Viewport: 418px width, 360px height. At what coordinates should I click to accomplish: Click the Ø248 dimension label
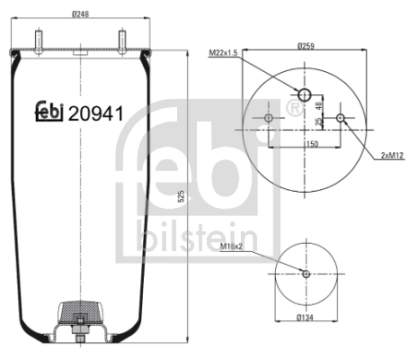point(81,13)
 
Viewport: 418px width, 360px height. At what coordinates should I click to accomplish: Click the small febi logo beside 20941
point(49,110)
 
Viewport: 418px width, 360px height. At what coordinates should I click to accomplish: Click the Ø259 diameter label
point(306,45)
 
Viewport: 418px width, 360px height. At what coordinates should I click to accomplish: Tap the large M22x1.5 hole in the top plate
point(305,96)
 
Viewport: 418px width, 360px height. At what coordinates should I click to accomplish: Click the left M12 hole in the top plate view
point(271,118)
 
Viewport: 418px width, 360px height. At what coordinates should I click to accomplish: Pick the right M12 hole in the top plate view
point(340,118)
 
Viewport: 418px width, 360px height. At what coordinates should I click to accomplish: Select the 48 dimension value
point(318,107)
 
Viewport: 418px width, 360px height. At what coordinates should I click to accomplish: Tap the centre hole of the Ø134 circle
point(306,274)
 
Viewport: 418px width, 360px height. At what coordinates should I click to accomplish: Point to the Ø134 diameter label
point(306,319)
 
